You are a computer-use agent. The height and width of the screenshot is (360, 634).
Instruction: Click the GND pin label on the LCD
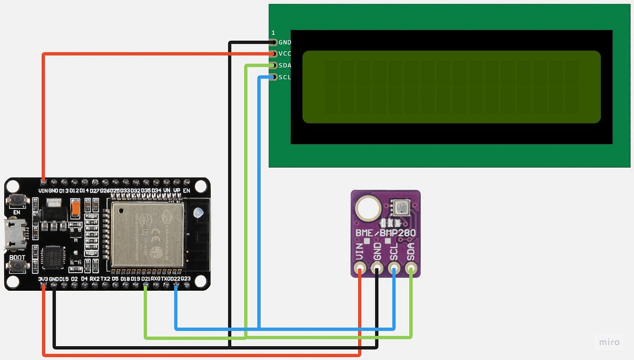(x=284, y=42)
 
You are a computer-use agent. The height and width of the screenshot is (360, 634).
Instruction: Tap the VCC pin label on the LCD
(x=284, y=54)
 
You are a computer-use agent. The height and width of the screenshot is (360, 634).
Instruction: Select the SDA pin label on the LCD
(x=284, y=66)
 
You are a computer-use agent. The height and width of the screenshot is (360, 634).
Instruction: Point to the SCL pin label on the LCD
(x=284, y=77)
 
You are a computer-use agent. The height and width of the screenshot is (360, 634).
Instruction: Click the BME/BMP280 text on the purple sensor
(x=386, y=233)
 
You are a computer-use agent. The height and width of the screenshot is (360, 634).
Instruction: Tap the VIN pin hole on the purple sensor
(x=360, y=269)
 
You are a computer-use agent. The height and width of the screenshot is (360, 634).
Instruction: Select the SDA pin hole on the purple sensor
(x=411, y=269)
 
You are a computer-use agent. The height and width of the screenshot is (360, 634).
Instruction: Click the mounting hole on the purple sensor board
(x=367, y=208)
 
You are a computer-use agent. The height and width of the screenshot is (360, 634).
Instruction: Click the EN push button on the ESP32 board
(x=16, y=200)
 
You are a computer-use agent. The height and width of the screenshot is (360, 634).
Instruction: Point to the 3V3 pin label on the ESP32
(x=43, y=279)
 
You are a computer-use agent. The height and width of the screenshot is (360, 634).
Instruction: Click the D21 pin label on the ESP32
(x=146, y=279)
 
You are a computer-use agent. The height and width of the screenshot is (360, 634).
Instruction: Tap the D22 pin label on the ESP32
(x=176, y=279)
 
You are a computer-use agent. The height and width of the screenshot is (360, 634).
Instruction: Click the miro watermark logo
(x=610, y=343)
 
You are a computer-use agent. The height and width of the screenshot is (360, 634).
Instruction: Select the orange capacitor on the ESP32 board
(x=76, y=207)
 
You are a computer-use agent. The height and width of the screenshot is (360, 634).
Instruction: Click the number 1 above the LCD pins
(x=273, y=33)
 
